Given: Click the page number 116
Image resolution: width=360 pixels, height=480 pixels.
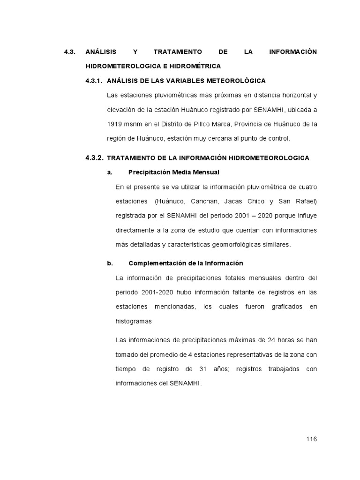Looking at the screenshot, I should coord(311,439).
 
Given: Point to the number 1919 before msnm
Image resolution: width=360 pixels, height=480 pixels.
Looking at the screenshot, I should coord(114,124).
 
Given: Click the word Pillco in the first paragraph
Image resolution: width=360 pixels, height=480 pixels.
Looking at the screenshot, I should coord(211,124).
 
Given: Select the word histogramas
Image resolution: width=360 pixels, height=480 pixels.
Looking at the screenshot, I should coord(134,322).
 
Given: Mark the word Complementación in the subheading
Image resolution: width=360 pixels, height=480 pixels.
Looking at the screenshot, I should coord(157,263).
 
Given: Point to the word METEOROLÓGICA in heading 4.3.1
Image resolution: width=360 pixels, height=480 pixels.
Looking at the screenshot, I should coord(235,81).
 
